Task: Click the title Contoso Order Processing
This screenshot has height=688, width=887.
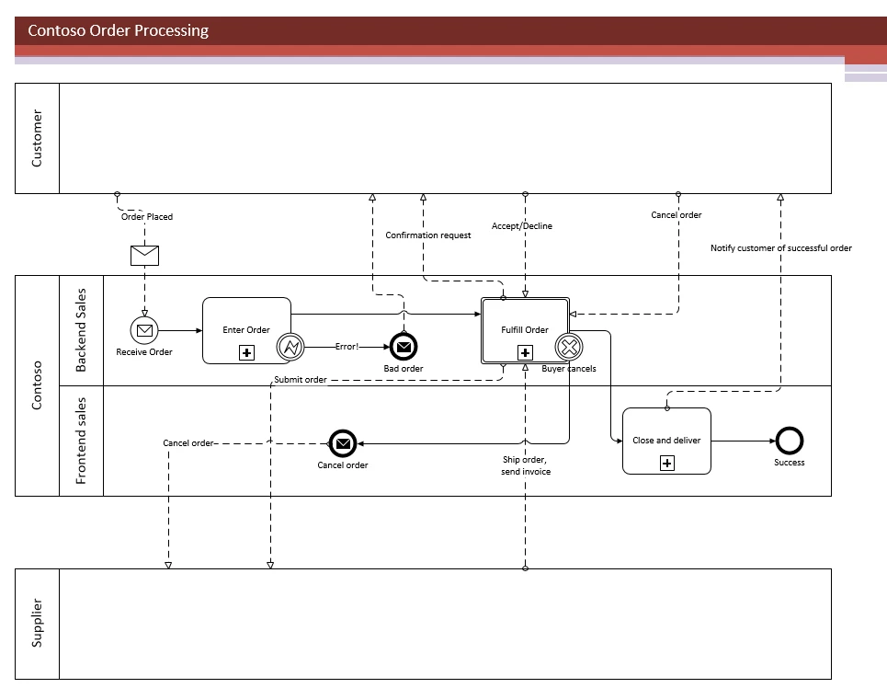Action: pyautogui.click(x=118, y=31)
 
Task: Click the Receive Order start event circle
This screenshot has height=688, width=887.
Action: pyautogui.click(x=144, y=330)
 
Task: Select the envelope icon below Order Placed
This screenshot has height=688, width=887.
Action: pyautogui.click(x=144, y=255)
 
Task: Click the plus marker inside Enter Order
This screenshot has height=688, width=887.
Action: pyautogui.click(x=246, y=352)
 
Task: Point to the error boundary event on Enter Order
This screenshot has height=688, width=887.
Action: pyautogui.click(x=290, y=348)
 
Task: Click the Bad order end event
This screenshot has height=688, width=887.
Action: pyautogui.click(x=404, y=347)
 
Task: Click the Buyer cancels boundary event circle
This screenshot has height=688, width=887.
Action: pyautogui.click(x=569, y=348)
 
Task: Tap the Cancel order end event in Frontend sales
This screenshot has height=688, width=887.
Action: pyautogui.click(x=343, y=444)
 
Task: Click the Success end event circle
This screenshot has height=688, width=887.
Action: pyautogui.click(x=789, y=441)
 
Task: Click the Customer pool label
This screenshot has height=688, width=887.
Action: pyautogui.click(x=37, y=138)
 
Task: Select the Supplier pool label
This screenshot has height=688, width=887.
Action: pyautogui.click(x=37, y=623)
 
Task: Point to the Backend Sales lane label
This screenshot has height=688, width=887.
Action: pyautogui.click(x=81, y=330)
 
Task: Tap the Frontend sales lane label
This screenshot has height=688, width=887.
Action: pyautogui.click(x=81, y=441)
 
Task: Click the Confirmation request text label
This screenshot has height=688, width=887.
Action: pyautogui.click(x=428, y=235)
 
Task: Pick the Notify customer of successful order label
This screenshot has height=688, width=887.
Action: pyautogui.click(x=781, y=248)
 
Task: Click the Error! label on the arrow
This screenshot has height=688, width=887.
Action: pyautogui.click(x=347, y=348)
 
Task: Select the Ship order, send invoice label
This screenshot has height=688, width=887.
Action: pyautogui.click(x=525, y=465)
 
